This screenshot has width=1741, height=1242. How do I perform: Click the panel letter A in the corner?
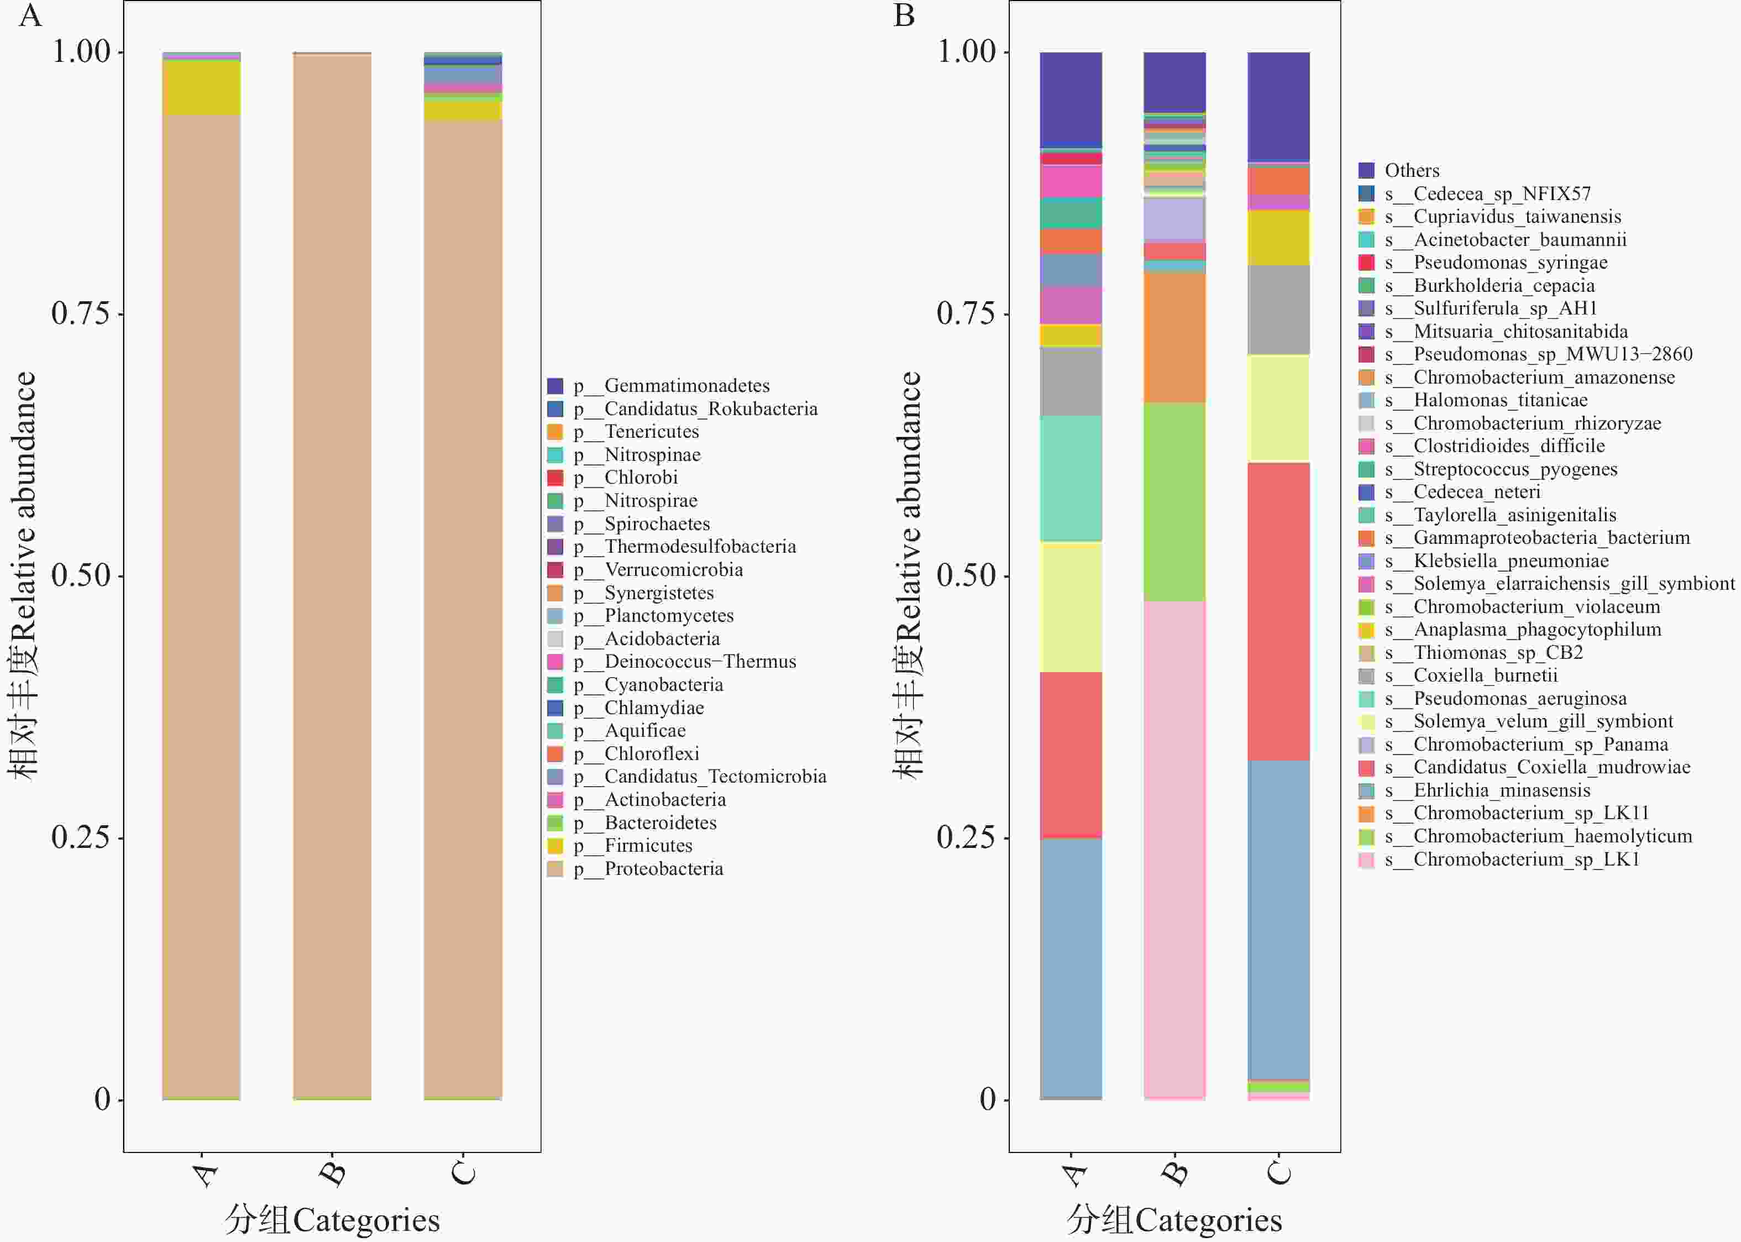30,15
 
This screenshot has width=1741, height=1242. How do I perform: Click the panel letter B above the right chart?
904,15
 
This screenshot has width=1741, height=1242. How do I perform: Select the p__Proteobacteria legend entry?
663,869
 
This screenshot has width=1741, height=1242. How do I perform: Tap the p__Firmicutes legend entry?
648,846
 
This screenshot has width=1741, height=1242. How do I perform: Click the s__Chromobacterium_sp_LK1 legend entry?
1525,860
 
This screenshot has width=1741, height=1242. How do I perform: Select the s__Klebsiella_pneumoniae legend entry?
1510,562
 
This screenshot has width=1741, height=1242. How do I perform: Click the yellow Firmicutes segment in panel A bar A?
201,88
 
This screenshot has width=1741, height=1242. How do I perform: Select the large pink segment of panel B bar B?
1174,849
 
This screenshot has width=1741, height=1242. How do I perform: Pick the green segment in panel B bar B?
1174,502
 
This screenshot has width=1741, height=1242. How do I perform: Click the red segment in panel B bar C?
1278,612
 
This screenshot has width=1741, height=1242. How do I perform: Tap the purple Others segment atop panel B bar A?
1071,99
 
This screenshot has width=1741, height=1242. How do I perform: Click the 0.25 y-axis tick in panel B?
966,837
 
